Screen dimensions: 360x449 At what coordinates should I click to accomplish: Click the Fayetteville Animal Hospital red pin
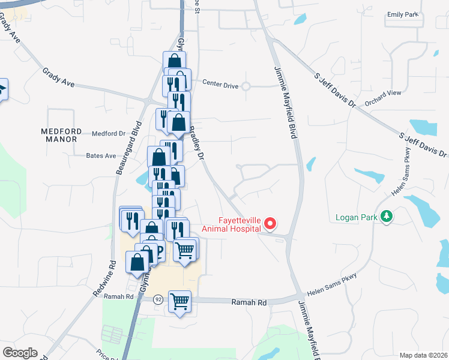click(x=270, y=224)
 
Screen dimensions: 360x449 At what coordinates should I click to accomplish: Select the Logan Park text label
click(x=356, y=217)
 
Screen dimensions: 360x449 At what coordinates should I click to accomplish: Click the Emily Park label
click(x=402, y=14)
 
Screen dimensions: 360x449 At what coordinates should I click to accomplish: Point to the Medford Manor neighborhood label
click(x=59, y=135)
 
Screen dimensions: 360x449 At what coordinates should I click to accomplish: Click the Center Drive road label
click(x=220, y=83)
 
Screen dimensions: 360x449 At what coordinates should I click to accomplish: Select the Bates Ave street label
click(x=101, y=155)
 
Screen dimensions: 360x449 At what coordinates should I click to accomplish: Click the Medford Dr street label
click(x=107, y=133)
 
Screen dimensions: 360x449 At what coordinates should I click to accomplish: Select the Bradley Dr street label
click(x=198, y=143)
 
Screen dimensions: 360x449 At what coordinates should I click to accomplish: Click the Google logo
click(x=19, y=353)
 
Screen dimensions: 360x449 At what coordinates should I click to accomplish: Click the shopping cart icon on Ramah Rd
click(x=180, y=301)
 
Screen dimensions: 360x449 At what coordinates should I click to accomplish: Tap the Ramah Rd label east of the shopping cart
click(x=249, y=304)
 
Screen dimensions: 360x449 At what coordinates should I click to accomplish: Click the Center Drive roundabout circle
click(x=246, y=86)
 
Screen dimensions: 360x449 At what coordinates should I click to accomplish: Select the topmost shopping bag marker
click(x=174, y=61)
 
